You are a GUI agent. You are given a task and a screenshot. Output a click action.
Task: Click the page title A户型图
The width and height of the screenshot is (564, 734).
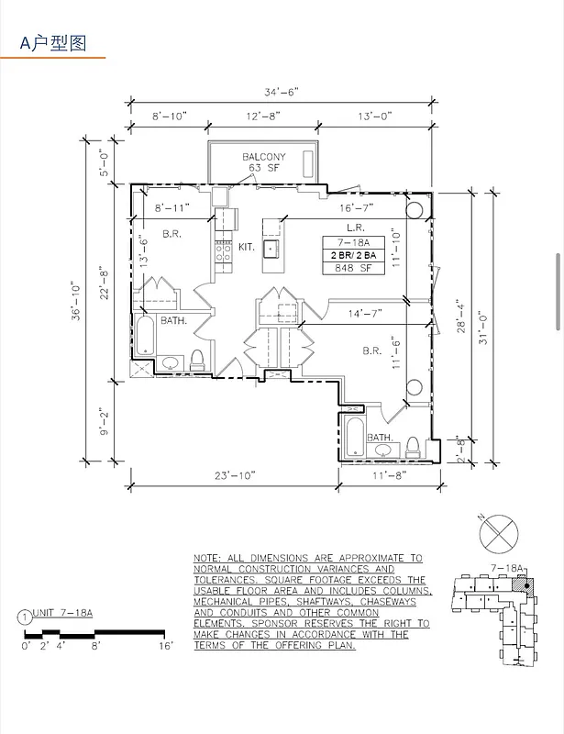coord(53,43)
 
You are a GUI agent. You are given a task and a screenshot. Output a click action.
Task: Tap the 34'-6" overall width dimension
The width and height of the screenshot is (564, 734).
coord(282,92)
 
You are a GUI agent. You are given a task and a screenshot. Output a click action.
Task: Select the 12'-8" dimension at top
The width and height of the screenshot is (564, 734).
coord(263,117)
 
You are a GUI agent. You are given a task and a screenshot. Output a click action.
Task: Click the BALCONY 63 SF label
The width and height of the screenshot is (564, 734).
coord(263,162)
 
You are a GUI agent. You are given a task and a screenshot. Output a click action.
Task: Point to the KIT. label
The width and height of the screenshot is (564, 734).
coord(247,248)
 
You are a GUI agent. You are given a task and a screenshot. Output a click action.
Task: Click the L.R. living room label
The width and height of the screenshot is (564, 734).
coord(357,228)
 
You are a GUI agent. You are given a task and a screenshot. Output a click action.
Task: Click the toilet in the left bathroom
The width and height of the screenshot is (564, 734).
coord(197,359)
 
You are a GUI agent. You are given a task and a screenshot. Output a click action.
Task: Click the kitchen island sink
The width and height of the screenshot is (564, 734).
coord(271,248)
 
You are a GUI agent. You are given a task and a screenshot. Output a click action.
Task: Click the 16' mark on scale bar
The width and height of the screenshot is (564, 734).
coord(165,646)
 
